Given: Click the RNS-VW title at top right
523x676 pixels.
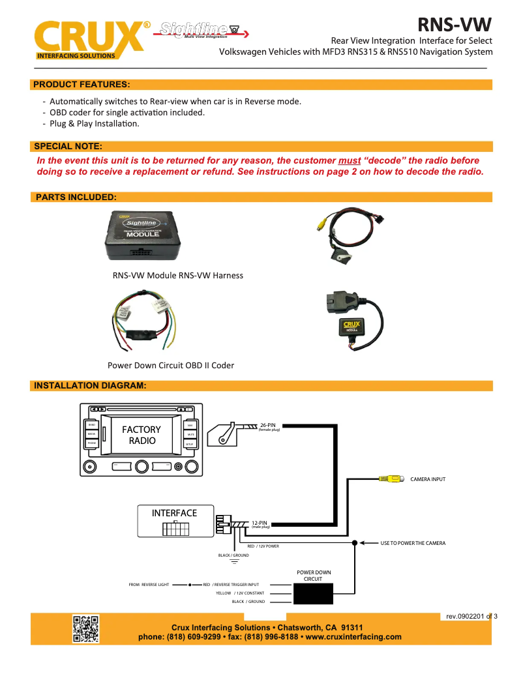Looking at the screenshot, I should click(455, 25).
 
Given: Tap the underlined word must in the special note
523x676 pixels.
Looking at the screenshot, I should click(350, 160).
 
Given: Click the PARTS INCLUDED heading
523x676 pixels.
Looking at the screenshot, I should click(76, 197).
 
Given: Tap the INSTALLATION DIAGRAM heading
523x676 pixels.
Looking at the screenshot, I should click(90, 385).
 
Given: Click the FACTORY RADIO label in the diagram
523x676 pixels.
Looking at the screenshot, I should click(142, 435).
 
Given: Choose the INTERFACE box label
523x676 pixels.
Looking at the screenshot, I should click(174, 513).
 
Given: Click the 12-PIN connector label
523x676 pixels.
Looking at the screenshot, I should click(260, 523).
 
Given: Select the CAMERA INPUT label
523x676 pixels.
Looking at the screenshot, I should click(428, 479).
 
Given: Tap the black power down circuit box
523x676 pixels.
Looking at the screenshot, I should click(314, 593).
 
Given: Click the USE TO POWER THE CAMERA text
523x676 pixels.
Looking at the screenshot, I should click(413, 542).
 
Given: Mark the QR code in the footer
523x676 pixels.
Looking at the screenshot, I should click(85, 628).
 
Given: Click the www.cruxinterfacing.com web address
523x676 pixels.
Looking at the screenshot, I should click(353, 637).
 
